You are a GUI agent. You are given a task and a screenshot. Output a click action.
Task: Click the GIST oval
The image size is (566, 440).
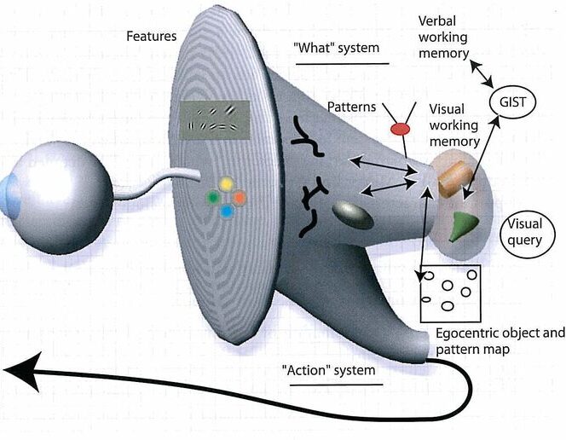(513, 104)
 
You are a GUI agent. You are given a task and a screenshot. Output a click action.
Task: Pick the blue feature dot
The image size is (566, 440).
(227, 210)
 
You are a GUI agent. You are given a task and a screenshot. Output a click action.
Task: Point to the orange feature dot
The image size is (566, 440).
(240, 197)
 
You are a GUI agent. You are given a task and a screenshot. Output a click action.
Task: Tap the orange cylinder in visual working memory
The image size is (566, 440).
(454, 177)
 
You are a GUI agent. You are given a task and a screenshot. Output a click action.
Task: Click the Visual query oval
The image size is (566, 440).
(524, 232)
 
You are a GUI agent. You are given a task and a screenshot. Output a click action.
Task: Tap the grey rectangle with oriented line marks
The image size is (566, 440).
(215, 120)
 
